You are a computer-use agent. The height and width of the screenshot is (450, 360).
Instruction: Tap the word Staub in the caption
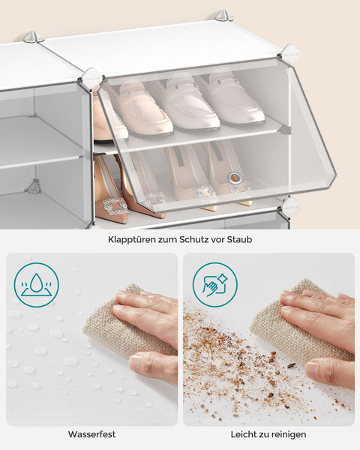240,240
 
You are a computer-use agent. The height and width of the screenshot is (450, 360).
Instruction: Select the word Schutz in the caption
197,240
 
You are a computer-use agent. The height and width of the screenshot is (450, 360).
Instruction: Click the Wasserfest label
91,434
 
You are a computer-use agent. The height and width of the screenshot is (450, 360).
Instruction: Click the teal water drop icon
35,285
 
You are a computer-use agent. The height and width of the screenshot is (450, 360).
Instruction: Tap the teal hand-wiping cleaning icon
214,285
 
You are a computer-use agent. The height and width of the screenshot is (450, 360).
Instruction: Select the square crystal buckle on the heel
115,208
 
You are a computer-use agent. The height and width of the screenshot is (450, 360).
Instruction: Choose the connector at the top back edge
223,15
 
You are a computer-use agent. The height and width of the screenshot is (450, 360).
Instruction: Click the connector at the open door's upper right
290,54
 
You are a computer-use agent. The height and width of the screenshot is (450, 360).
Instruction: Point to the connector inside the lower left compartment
32,186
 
